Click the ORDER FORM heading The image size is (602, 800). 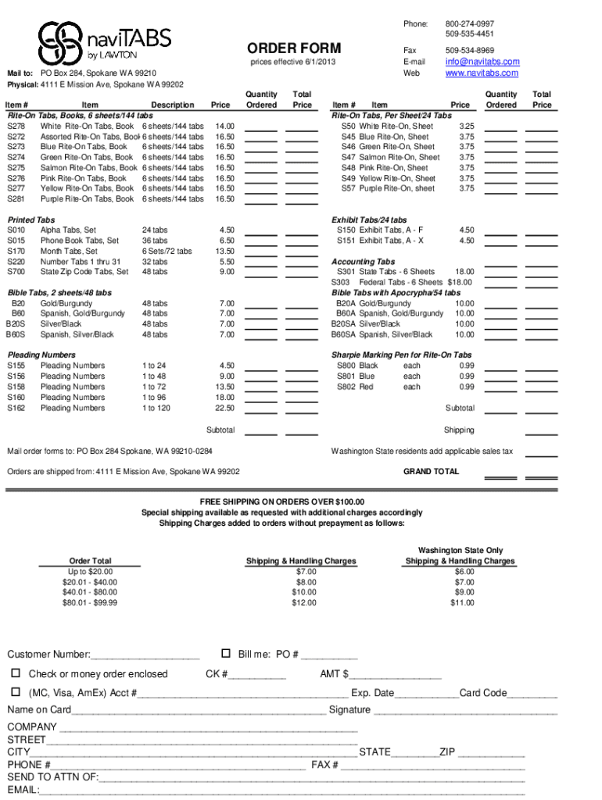(294, 48)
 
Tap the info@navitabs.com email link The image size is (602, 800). (482, 62)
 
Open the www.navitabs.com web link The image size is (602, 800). (482, 73)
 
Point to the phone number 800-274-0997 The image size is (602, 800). (470, 24)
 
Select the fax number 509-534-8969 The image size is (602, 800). (470, 50)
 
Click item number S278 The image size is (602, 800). (16, 126)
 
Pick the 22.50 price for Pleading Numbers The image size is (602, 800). (224, 408)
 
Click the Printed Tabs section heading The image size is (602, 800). (31, 220)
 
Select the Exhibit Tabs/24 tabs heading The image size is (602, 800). (369, 220)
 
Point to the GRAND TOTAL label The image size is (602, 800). (431, 472)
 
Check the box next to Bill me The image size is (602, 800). (226, 653)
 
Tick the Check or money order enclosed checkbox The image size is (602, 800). (15, 673)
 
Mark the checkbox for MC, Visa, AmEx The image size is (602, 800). (15, 692)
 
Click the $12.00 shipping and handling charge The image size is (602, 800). (304, 602)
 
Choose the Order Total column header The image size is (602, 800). (91, 561)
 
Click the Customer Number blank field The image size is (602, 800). (145, 655)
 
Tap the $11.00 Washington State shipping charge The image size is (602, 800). (463, 602)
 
